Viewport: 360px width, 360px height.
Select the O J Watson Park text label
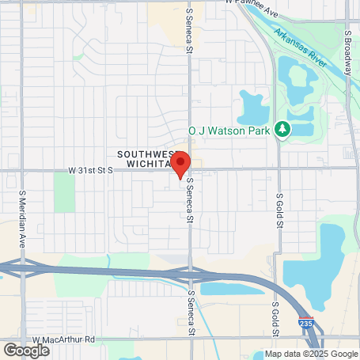point(230,130)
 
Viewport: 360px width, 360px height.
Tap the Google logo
point(26,350)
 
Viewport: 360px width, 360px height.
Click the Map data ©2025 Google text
point(311,354)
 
